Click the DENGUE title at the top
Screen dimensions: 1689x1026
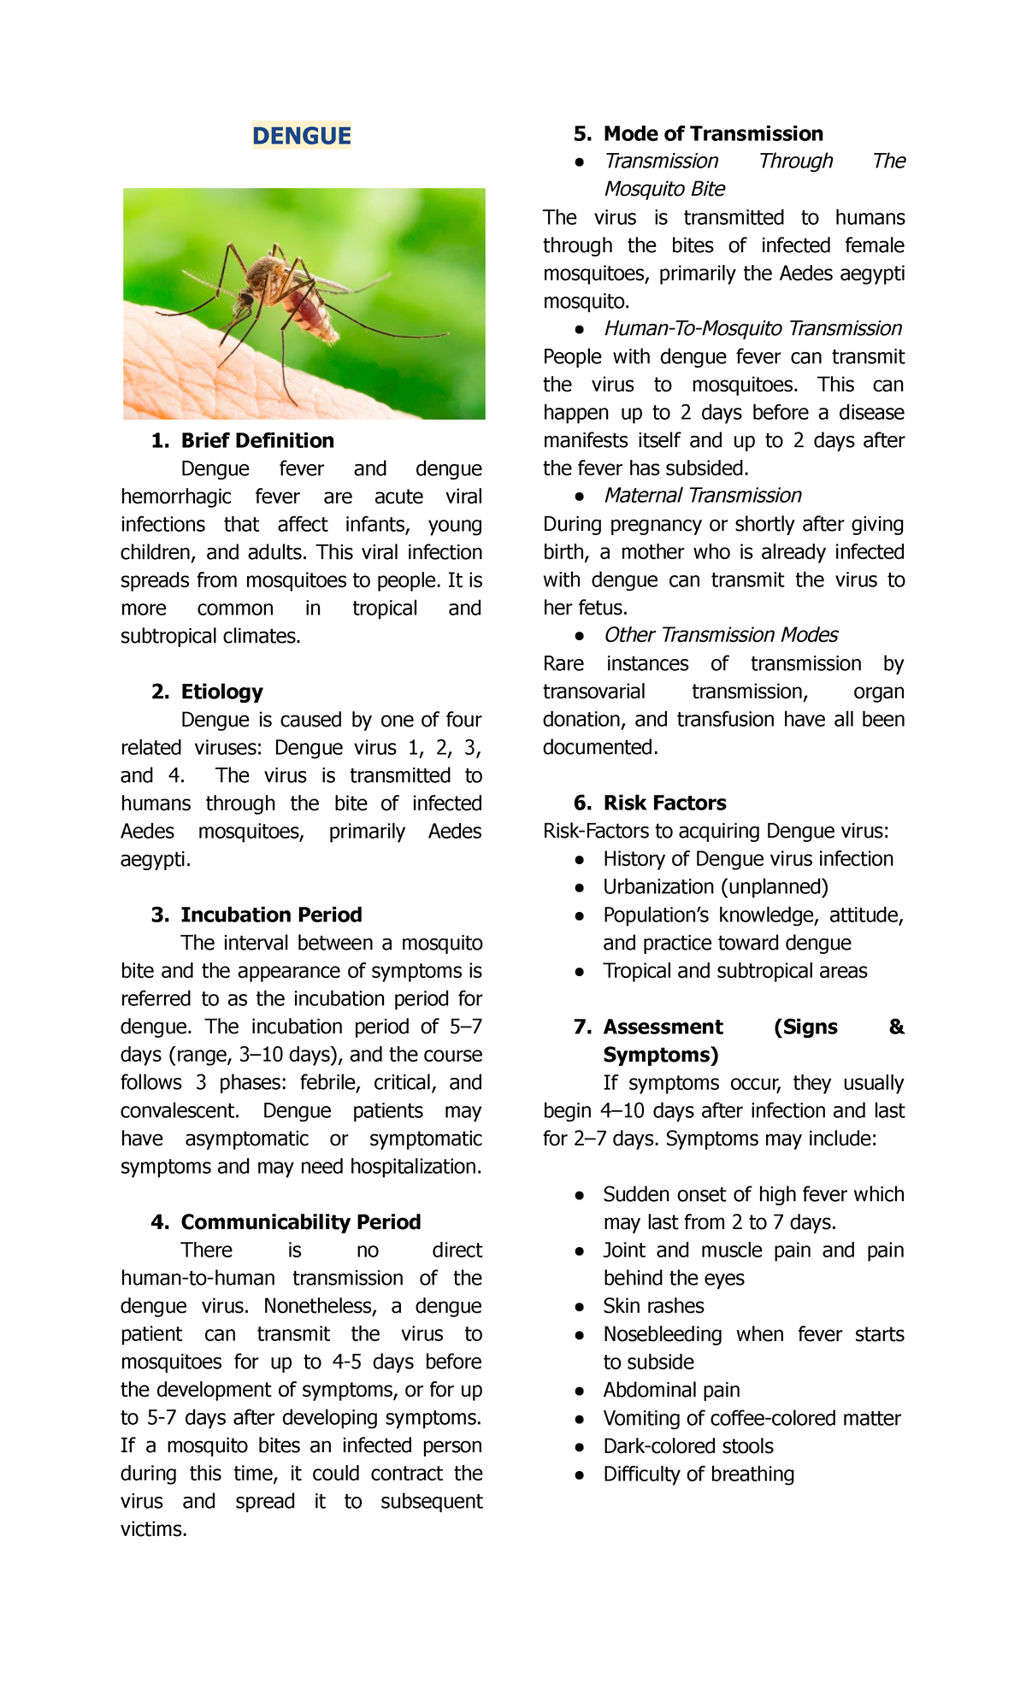[x=301, y=136]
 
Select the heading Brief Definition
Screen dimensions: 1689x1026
[x=256, y=440]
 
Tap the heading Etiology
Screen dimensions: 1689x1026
[x=221, y=691]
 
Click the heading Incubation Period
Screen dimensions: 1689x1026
[x=271, y=915]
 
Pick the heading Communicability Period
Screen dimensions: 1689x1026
[x=300, y=1221]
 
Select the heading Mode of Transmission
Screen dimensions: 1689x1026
[x=713, y=133]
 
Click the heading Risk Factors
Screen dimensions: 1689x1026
[x=664, y=803]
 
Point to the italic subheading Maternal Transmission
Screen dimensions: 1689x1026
[x=702, y=496]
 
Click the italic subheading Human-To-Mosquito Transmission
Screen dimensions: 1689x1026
[x=752, y=328]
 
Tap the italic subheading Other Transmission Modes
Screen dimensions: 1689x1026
[x=720, y=635]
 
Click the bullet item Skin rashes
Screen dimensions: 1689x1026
[x=653, y=1306]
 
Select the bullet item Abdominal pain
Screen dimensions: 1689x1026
[x=671, y=1390]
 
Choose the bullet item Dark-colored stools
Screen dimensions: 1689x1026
[x=687, y=1446]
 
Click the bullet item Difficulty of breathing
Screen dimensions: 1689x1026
[x=698, y=1474]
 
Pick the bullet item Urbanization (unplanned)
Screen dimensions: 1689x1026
[x=715, y=887]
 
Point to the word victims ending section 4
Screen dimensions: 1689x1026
[x=152, y=1529]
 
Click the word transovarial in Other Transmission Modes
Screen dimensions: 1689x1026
[x=593, y=691]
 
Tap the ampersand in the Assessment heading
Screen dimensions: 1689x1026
[x=896, y=1027]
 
